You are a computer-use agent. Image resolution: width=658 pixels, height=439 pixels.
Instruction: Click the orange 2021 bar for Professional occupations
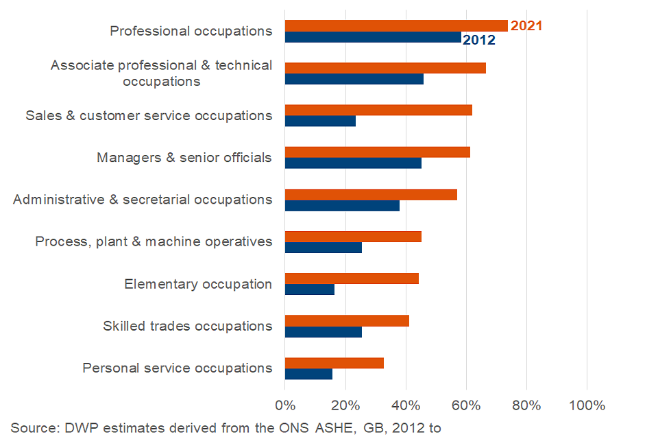[x=396, y=26]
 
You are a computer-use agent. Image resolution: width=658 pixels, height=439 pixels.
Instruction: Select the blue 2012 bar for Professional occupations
[x=373, y=37]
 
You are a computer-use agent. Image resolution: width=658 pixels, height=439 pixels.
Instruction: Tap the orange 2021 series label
[x=526, y=26]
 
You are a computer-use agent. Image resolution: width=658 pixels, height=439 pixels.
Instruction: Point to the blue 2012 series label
[x=479, y=40]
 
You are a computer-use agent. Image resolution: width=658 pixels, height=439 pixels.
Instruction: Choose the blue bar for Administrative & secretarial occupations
[x=342, y=205]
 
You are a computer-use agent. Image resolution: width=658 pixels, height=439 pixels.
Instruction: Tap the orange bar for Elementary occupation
[x=352, y=278]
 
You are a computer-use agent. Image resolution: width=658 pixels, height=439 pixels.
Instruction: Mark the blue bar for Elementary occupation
[x=310, y=289]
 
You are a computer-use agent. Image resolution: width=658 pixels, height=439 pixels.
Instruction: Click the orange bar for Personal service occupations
[x=334, y=363]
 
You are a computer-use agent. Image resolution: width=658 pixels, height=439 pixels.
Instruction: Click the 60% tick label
[x=466, y=405]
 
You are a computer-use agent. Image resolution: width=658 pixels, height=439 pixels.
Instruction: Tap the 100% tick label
[x=587, y=405]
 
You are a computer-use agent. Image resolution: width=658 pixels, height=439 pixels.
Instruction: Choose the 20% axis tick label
[x=345, y=405]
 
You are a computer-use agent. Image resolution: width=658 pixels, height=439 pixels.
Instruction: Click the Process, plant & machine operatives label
[x=154, y=241]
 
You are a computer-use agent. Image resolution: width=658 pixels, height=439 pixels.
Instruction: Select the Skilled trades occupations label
[x=187, y=326]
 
